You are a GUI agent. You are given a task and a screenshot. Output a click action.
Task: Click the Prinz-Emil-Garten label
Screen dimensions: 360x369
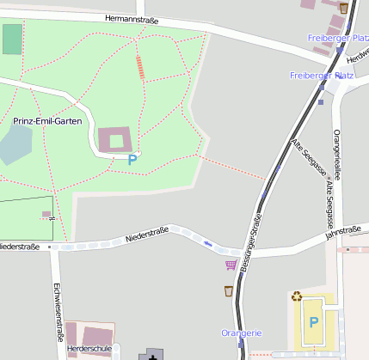click(x=47, y=121)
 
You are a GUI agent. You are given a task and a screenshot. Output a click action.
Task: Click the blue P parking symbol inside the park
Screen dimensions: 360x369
click(x=132, y=159)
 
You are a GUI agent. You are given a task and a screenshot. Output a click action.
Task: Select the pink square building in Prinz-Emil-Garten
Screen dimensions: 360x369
click(x=116, y=140)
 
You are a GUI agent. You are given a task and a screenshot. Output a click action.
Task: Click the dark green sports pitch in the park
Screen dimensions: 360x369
click(x=12, y=40)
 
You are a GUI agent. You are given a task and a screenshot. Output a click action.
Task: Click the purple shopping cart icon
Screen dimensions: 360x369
click(x=231, y=265)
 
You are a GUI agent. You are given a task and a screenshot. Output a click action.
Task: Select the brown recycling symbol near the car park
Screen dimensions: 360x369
click(x=297, y=296)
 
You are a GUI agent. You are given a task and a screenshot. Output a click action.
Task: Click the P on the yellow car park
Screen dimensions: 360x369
click(x=314, y=322)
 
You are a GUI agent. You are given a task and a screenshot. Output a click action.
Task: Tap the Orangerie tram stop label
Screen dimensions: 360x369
click(x=241, y=333)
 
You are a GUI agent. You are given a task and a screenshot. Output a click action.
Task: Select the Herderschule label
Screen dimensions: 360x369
click(x=89, y=349)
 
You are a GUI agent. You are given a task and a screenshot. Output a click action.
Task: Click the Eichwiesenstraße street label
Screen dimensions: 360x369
click(x=58, y=311)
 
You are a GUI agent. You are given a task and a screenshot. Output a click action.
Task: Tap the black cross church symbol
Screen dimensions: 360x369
click(x=153, y=355)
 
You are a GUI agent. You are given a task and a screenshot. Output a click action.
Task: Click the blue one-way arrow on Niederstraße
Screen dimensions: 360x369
click(x=208, y=244)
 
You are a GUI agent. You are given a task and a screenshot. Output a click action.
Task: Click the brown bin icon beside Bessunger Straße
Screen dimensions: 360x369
click(x=228, y=291)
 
